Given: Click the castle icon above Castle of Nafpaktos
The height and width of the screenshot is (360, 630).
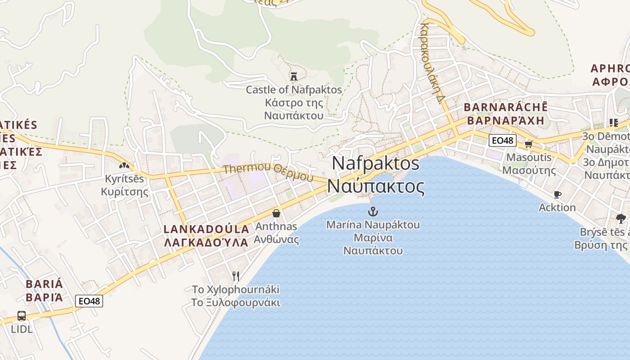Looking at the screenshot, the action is click(x=294, y=76).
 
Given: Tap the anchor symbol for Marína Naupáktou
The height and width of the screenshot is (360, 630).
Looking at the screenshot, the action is click(x=373, y=211).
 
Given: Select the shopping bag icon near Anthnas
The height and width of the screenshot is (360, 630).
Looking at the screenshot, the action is click(x=276, y=213).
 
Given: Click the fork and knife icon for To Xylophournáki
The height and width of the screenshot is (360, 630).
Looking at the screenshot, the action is click(x=235, y=276).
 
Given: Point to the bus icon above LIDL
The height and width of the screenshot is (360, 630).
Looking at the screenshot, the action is click(x=21, y=316).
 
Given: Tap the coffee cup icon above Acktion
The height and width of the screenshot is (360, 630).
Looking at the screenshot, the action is click(x=557, y=194).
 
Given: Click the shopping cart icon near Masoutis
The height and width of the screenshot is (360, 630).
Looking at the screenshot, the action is click(x=528, y=144).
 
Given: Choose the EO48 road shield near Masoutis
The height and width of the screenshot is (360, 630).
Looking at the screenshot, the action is click(x=502, y=140).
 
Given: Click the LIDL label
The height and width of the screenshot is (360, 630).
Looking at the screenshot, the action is click(x=22, y=329).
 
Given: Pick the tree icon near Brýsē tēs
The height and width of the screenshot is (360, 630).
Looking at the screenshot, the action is click(x=621, y=219).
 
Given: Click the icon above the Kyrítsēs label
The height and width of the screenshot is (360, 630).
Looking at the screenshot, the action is click(x=124, y=166).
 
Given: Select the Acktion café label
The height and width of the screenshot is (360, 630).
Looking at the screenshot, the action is click(x=557, y=207).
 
